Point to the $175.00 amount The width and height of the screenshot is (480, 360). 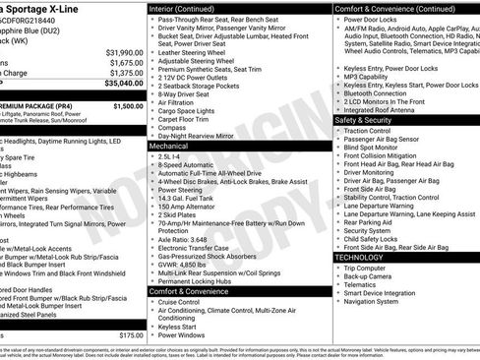(x=131, y=334)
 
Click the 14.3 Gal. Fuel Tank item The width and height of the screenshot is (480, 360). (x=192, y=198)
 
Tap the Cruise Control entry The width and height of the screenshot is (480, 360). (x=186, y=302)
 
